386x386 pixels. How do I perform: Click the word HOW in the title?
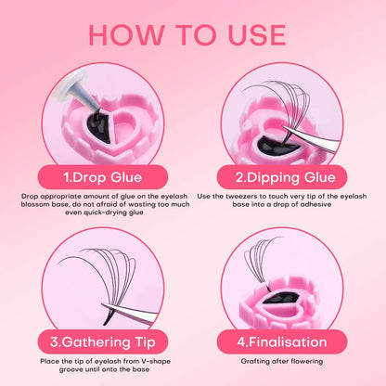126,35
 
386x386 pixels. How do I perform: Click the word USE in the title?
256,35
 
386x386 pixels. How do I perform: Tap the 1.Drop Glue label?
103,177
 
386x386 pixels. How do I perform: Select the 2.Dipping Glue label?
285,177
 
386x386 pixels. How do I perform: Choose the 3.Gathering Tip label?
103,342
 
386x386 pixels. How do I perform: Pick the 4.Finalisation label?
282,342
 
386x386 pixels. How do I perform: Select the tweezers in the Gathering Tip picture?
130,313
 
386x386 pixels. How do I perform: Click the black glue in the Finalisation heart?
280,298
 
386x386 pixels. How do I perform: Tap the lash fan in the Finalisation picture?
259,263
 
